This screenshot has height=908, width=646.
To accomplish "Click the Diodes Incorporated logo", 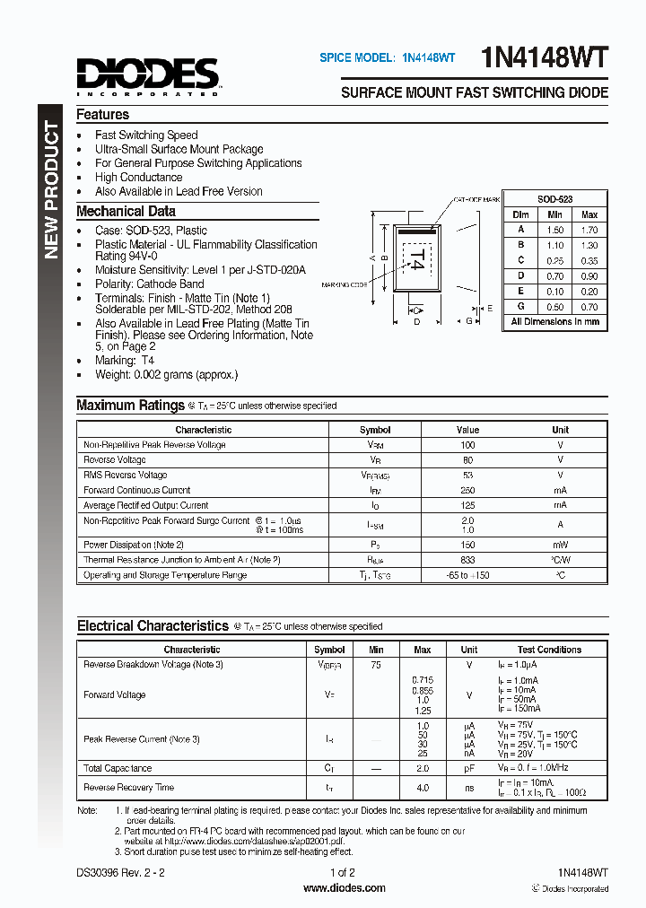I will [x=147, y=75].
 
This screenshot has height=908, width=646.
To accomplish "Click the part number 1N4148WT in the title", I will [x=545, y=58].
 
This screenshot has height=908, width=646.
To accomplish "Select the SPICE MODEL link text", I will [x=387, y=57].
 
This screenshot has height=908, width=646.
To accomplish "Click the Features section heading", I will [x=102, y=115].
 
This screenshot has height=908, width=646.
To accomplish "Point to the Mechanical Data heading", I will [x=126, y=212].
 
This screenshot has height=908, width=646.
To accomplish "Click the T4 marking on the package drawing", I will [x=415, y=259].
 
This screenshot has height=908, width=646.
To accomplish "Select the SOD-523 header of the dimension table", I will [x=554, y=199].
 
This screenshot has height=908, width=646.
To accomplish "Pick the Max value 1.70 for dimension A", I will [x=589, y=230].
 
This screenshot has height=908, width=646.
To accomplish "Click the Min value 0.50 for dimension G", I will [x=554, y=307].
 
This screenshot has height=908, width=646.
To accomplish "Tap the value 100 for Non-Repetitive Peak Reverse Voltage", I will [x=467, y=445].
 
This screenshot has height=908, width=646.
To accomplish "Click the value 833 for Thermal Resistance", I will [x=467, y=560].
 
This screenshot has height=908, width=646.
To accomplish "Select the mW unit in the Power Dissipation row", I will [x=560, y=545].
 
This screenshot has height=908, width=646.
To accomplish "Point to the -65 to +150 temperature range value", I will [x=467, y=575].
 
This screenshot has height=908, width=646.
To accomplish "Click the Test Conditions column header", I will [x=549, y=650].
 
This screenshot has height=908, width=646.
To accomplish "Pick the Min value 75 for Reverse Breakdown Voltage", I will [x=376, y=665].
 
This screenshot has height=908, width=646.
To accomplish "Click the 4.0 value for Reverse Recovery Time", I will [x=422, y=788].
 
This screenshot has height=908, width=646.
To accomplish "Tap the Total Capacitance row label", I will [x=118, y=769].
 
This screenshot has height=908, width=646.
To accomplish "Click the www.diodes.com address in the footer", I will [x=345, y=888].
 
